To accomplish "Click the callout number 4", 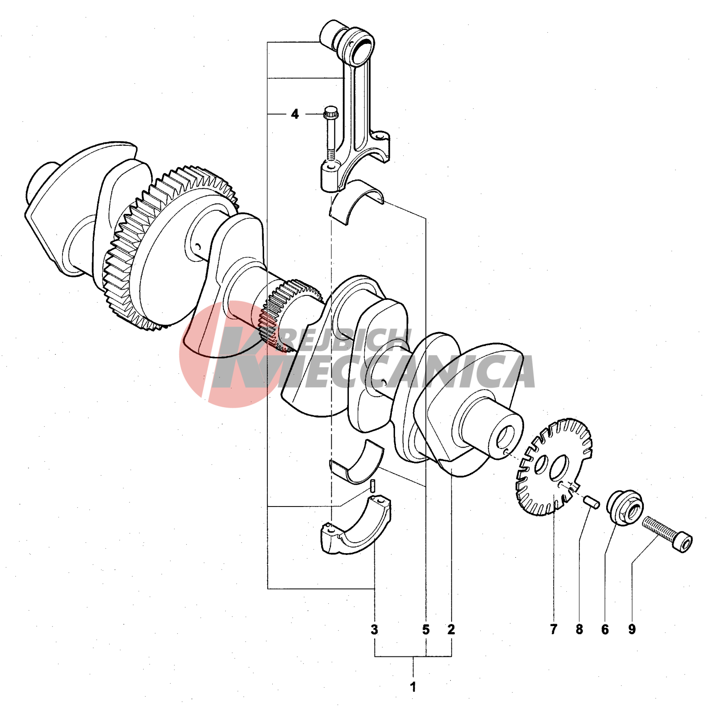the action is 295,114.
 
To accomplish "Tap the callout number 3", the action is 374,629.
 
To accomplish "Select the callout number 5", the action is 426,629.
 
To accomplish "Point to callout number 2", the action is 451,629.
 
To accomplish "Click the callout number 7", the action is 554,629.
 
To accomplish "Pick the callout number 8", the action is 579,629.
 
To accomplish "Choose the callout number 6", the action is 605,629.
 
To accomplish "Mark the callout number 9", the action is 632,629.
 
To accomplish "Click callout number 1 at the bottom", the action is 413,687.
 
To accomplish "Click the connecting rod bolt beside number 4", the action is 331,135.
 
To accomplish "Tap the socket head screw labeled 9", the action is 667,534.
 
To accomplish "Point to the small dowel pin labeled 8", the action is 591,502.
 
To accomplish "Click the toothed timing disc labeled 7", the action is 554,467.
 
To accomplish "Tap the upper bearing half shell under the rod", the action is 357,202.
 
